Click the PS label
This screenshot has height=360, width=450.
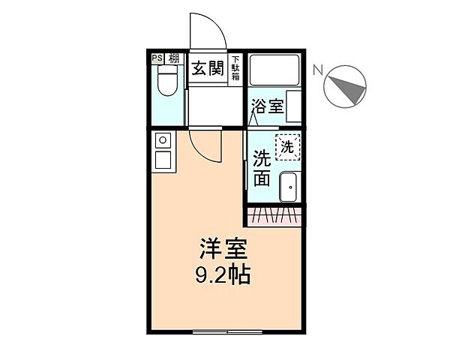point(157,58)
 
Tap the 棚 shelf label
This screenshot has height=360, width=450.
point(173,58)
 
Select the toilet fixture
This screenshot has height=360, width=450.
point(166,81)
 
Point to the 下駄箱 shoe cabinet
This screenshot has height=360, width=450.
point(235,68)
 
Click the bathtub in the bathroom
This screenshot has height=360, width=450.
point(274,71)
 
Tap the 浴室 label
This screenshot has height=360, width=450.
point(268,106)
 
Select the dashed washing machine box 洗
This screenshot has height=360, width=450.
point(287,146)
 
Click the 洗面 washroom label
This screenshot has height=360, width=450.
point(262,169)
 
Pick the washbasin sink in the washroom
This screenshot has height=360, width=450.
point(288,187)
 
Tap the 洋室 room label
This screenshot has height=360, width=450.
point(223,247)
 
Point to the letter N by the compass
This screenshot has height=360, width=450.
point(318,71)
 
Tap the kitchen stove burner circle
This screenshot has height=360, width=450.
point(162,139)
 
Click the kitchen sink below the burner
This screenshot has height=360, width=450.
point(162,158)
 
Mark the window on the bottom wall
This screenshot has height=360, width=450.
point(227,330)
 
